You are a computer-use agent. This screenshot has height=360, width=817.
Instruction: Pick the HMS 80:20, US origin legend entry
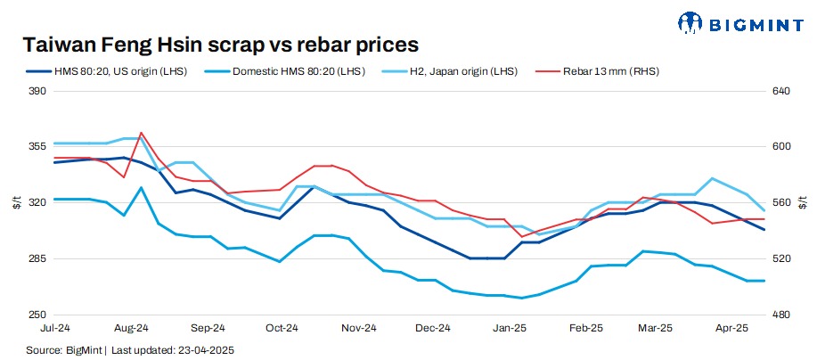pyautogui.click(x=121, y=70)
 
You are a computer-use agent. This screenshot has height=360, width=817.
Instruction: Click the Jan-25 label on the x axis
pyautogui.click(x=511, y=329)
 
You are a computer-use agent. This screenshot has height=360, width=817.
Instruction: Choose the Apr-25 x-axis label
pyautogui.click(x=731, y=329)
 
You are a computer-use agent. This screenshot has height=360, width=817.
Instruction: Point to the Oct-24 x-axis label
pyautogui.click(x=282, y=329)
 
